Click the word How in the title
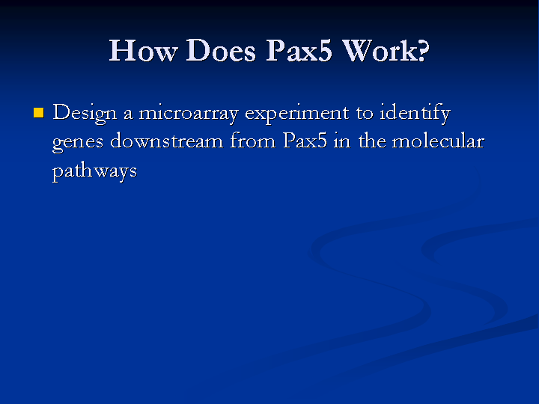point(143,51)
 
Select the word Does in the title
point(221,51)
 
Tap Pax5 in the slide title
point(299,51)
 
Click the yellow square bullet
point(39,113)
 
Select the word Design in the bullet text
point(85,114)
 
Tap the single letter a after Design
point(128,114)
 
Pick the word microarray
point(189,114)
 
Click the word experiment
point(296,114)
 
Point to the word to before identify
point(365,114)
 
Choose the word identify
point(415,114)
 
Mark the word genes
point(78,143)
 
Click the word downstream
point(166,141)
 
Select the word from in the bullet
point(253,141)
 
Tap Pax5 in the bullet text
point(305,141)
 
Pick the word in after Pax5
point(342,141)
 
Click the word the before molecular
point(372,141)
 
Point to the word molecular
point(438,141)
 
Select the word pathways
point(94,171)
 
